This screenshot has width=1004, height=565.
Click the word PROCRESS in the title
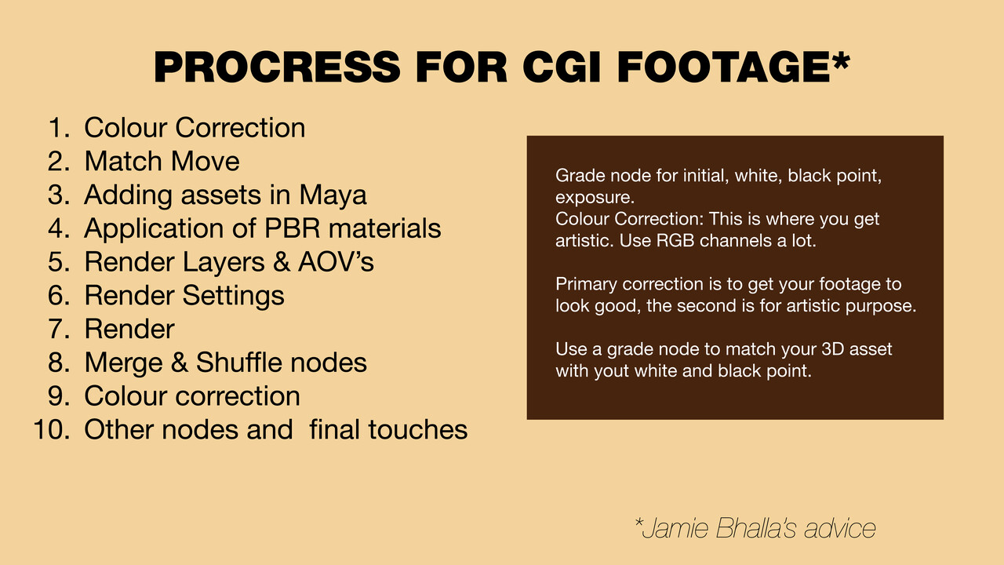(x=277, y=67)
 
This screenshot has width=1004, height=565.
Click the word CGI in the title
(x=561, y=67)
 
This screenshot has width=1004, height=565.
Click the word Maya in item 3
(x=333, y=195)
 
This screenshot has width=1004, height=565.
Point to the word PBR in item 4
(x=293, y=228)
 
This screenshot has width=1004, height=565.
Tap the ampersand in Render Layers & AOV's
(x=282, y=262)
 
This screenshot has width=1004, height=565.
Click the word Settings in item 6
(x=233, y=296)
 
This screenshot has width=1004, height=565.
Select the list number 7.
(x=59, y=329)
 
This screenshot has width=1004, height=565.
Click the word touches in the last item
(x=418, y=429)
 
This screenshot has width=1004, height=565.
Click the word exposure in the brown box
(x=595, y=198)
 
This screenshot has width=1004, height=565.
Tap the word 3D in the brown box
(x=833, y=349)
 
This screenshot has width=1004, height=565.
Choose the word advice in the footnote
(x=839, y=528)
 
